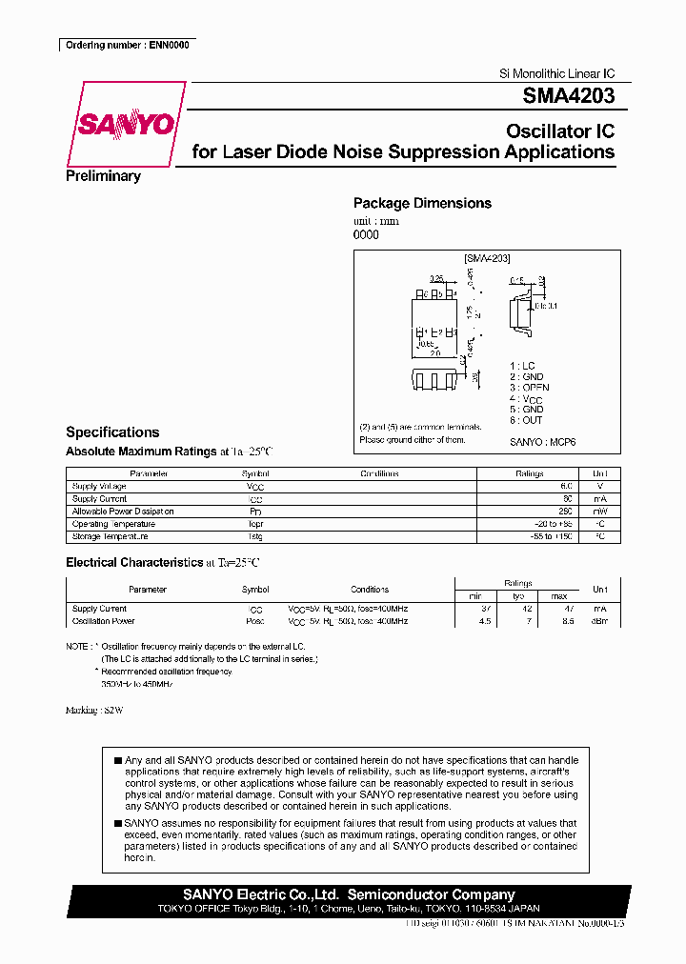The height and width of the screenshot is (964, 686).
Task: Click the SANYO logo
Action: pos(125,126)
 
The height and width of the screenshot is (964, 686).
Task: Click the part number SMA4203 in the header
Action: pos(568,96)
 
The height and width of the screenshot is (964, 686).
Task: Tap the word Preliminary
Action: pos(103,176)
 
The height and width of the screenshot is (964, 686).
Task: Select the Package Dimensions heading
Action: pos(422,203)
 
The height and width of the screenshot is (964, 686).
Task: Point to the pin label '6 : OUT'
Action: pos(526,420)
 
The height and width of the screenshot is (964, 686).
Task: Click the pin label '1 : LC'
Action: pos(522,366)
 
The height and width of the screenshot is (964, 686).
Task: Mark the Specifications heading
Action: pos(112,432)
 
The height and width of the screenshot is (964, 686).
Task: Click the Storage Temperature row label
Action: pos(110,536)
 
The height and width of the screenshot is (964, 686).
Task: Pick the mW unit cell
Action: pos(599,512)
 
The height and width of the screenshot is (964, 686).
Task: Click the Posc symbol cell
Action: pos(255,621)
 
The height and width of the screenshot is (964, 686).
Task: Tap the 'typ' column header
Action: pos(518,595)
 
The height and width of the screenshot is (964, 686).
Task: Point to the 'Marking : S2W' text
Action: pos(94,711)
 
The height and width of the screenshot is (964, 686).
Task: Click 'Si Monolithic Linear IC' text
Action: pos(557,74)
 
